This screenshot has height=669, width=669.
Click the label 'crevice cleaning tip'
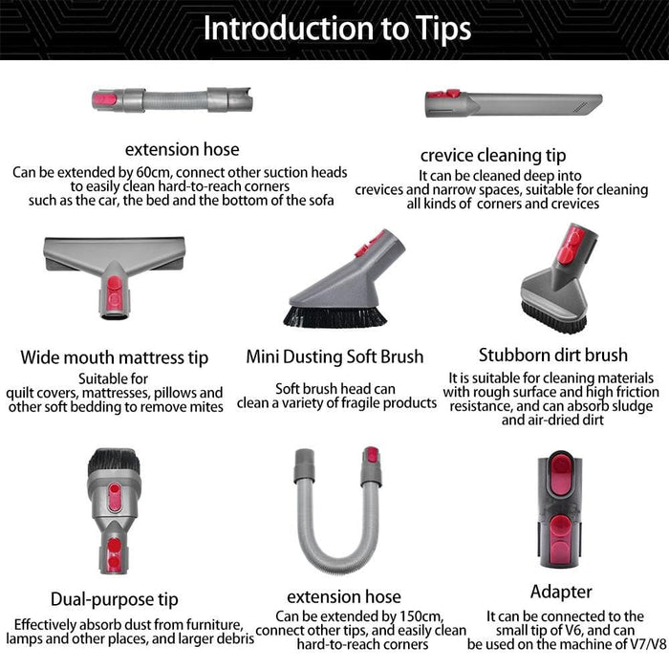pyautogui.click(x=493, y=155)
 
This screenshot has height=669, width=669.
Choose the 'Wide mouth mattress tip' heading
pyautogui.click(x=115, y=358)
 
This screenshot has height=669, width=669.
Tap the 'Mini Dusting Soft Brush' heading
pyautogui.click(x=334, y=356)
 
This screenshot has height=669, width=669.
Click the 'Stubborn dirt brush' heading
pyautogui.click(x=553, y=356)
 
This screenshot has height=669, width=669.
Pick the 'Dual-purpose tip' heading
pyautogui.click(x=114, y=599)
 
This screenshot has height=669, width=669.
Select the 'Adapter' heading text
pyautogui.click(x=561, y=592)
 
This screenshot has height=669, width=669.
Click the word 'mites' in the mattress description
pyautogui.click(x=203, y=406)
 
